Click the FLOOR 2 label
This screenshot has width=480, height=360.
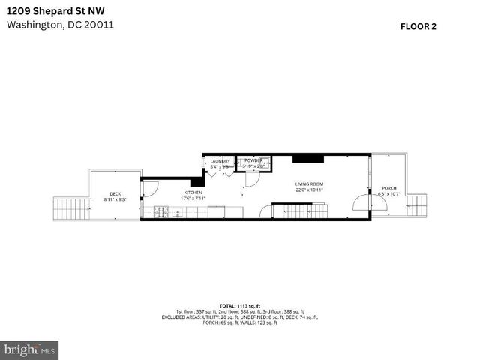418,25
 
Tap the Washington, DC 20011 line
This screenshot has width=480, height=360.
60,24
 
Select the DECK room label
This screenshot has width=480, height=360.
115,193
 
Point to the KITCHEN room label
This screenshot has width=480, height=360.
193,193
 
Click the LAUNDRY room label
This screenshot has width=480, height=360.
220,161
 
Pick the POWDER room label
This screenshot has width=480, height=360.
253,160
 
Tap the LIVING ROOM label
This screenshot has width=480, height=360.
308,184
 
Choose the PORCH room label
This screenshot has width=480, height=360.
388,188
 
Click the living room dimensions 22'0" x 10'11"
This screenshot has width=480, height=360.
308,190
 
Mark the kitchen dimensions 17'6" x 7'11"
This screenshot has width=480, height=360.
193,199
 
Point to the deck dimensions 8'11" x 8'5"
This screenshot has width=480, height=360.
115,199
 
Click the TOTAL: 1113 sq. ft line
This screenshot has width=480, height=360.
239,305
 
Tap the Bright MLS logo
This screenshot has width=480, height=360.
30,349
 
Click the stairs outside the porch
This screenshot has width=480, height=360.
416,205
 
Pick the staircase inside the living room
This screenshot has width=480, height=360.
301,211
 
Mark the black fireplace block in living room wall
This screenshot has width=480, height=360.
307,157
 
